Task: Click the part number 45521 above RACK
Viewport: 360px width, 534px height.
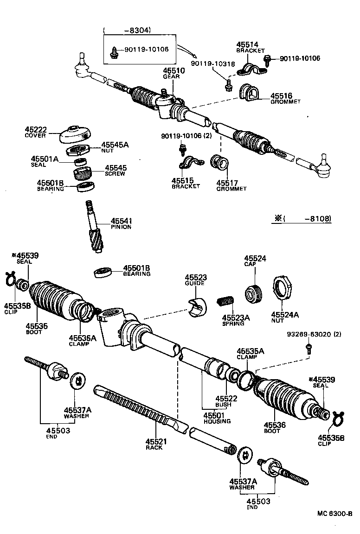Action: tap(156, 441)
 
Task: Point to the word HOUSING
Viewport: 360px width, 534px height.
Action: tap(217, 421)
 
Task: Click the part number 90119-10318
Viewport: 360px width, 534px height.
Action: tap(206, 63)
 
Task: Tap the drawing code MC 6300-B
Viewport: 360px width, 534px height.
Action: tap(334, 514)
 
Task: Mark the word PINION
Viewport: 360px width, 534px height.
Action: tap(121, 227)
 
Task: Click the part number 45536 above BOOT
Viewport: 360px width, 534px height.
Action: tap(275, 425)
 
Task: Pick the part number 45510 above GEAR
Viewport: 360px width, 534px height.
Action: tap(174, 70)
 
